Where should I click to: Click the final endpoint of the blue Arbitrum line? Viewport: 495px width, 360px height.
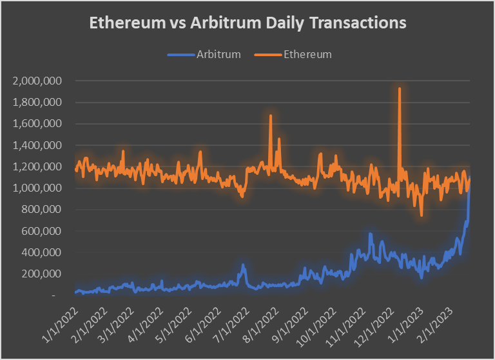click(470, 177)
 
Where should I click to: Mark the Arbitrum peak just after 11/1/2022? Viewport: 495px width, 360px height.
click(370, 234)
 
